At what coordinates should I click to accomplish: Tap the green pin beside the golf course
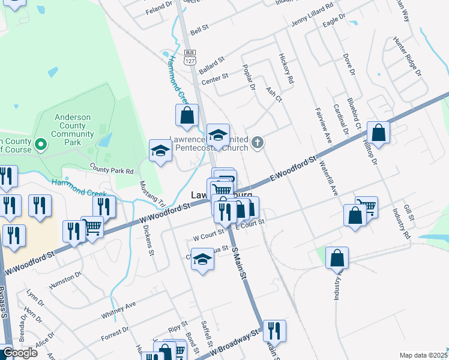point(41,144)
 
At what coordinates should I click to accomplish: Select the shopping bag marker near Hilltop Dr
point(378,133)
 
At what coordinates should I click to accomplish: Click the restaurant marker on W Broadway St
point(274,331)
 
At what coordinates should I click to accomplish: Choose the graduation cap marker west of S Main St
point(202,260)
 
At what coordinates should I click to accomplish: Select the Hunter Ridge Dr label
point(407,58)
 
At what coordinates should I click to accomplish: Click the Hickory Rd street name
point(286,68)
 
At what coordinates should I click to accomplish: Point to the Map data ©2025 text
point(423,355)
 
